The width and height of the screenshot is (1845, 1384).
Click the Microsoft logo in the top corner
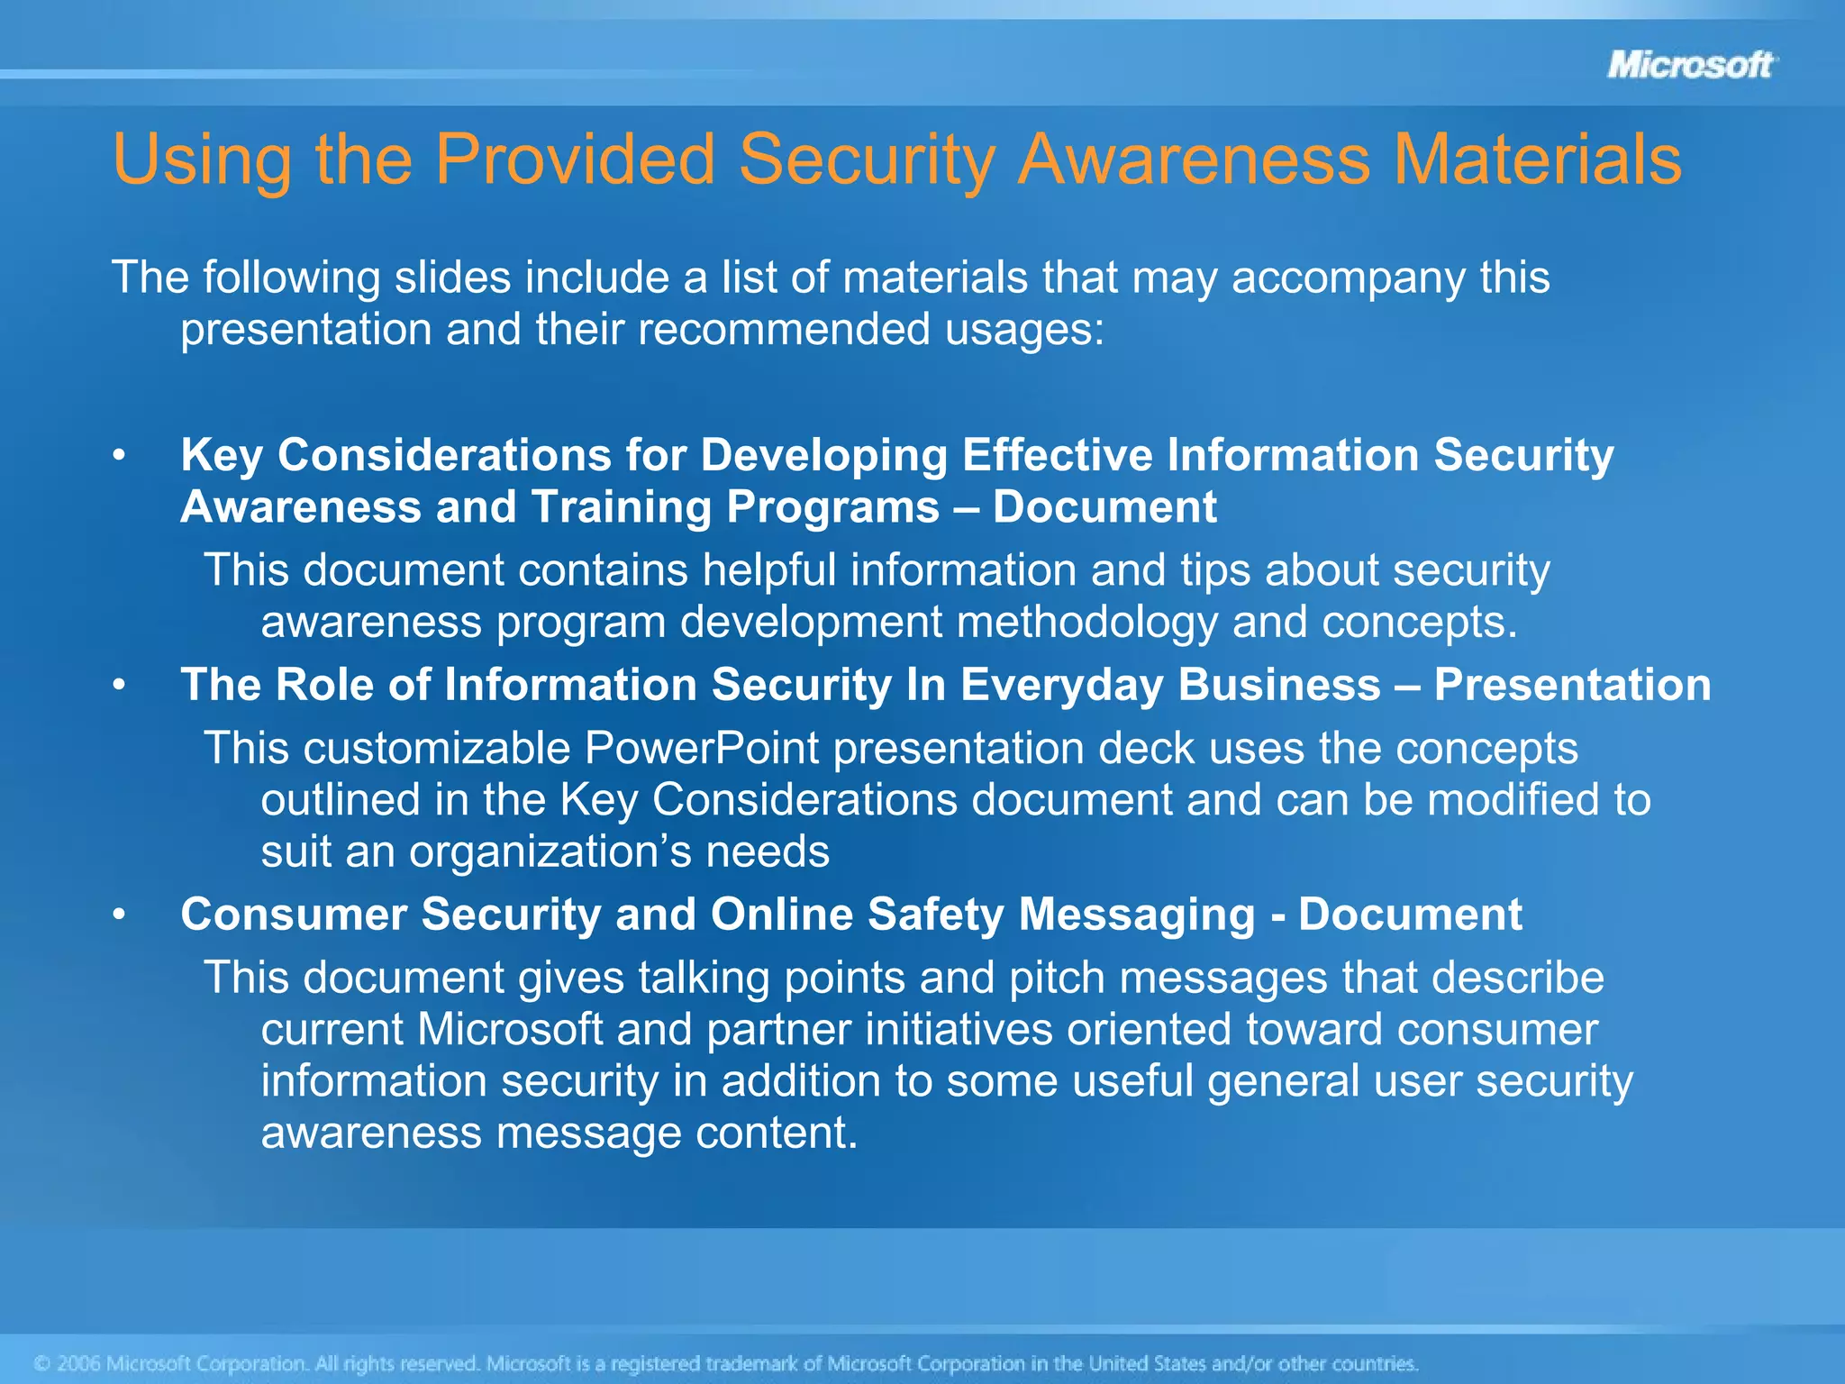coord(1691,65)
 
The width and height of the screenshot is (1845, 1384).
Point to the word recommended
coord(784,329)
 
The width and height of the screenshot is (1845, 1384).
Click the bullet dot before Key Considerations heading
coord(119,456)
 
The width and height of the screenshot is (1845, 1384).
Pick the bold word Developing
coord(823,455)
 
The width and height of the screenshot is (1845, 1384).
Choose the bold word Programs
coord(832,507)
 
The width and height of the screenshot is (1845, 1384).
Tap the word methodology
coord(1087,622)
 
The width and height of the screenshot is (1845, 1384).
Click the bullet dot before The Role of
coord(119,686)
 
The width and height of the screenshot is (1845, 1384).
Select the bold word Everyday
coord(1062,685)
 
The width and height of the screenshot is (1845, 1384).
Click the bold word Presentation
coord(1572,685)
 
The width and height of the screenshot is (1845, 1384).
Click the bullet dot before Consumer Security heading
coord(119,915)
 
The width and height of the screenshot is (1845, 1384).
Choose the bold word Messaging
coord(1137,915)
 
